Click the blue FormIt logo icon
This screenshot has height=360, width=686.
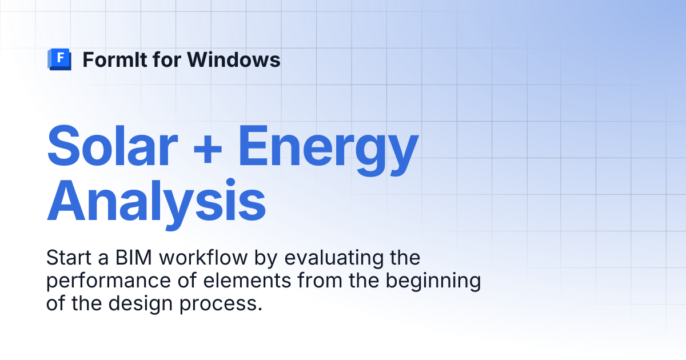(x=59, y=59)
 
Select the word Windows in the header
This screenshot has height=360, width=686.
(x=234, y=59)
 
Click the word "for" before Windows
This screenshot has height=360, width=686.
(x=167, y=59)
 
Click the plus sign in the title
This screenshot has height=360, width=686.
(x=208, y=149)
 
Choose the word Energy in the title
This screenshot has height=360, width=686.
(x=328, y=150)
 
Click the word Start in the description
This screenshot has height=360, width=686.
(x=69, y=258)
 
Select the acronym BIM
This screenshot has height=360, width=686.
(x=134, y=258)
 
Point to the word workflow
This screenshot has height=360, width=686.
(x=204, y=257)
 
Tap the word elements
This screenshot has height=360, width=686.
(x=247, y=281)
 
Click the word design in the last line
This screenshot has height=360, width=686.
(x=141, y=305)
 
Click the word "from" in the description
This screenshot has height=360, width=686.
(x=320, y=281)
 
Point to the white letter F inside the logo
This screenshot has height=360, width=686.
(x=61, y=57)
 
